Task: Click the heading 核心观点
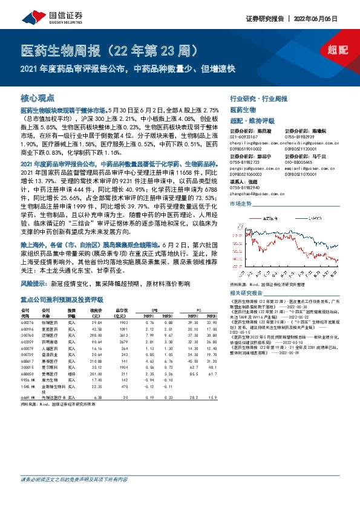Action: coord(38,97)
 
